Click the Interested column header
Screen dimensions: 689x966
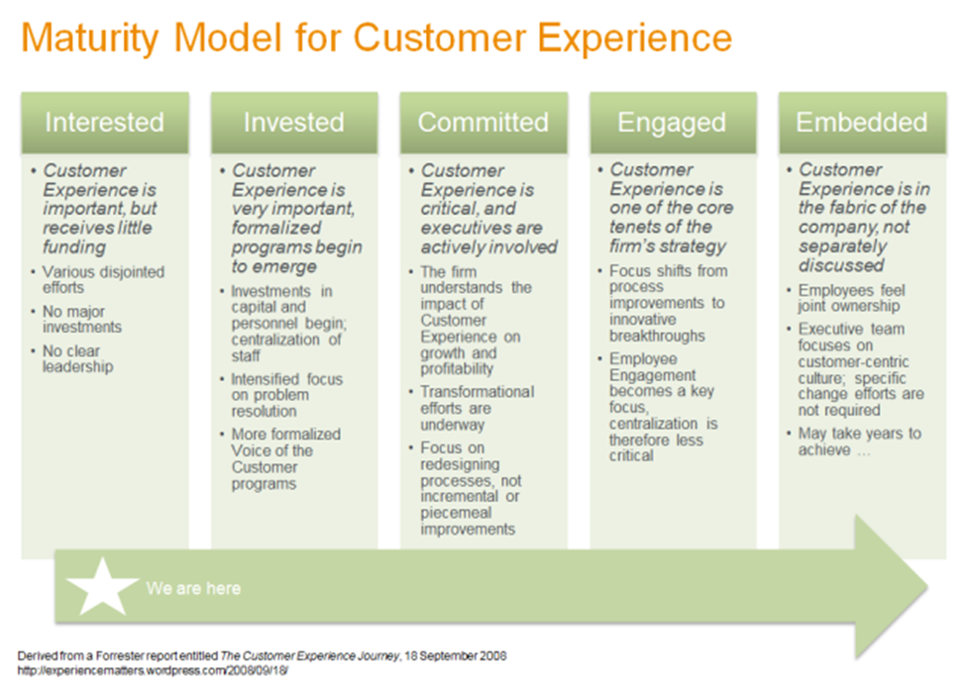pos(104,122)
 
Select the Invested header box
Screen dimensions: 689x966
pos(293,122)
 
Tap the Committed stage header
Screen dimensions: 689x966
pos(483,122)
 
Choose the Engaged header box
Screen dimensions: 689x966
pos(672,122)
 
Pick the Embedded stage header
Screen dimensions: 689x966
pos(861,122)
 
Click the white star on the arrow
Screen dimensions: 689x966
pos(102,586)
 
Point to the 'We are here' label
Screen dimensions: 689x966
pos(193,588)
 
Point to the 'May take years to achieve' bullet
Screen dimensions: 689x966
pos(859,442)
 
